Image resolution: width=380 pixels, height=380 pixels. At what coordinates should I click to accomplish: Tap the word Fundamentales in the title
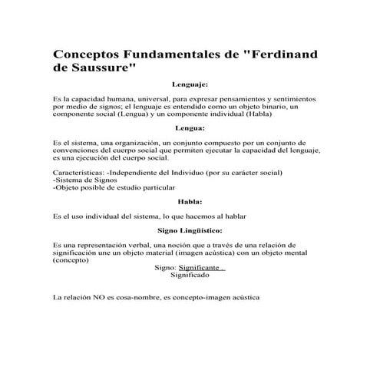tap(177, 56)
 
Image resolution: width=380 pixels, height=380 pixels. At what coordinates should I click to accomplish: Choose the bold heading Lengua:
tap(190, 128)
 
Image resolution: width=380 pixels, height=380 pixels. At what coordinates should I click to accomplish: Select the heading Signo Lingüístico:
tap(190, 230)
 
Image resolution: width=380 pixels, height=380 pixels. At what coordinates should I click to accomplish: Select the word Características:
tap(79, 173)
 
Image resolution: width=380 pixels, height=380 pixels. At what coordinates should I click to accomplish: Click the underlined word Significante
tap(200, 267)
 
